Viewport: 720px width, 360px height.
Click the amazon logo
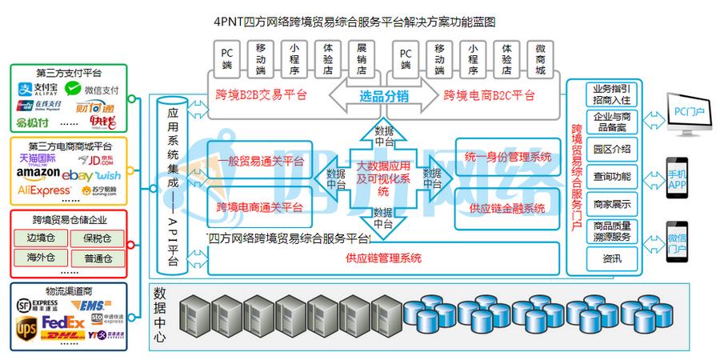coord(38,174)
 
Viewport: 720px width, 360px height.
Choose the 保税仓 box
coord(98,238)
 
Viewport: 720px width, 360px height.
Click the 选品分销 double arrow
coord(382,96)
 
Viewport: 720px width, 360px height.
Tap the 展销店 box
coord(361,58)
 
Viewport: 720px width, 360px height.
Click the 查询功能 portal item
coord(612,175)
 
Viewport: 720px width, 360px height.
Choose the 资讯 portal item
coord(612,258)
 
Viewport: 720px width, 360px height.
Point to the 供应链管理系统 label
coord(384,258)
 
